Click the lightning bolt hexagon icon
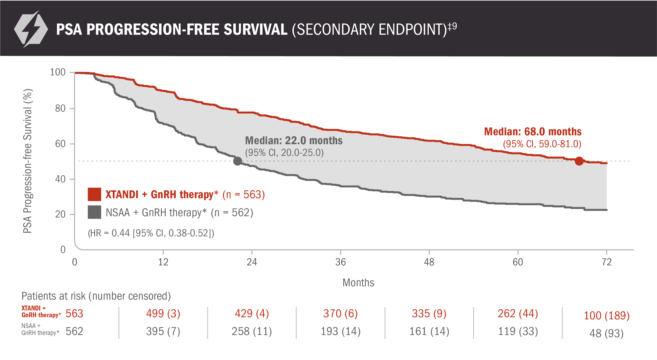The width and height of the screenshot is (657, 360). [x=31, y=29]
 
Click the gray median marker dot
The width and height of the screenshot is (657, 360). [x=237, y=161]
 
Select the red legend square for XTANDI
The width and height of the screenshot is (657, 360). [x=94, y=194]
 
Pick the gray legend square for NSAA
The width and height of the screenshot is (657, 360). [x=94, y=212]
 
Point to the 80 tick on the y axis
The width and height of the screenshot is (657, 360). [x=60, y=108]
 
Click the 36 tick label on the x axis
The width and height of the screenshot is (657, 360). [x=340, y=262]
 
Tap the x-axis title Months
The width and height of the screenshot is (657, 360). [x=358, y=283]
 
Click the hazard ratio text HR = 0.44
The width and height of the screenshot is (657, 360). [x=151, y=233]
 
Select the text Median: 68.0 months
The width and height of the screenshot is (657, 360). [x=533, y=132]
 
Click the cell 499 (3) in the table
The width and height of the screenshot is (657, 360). [x=163, y=314]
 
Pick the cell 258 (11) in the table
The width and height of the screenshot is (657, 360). [x=252, y=331]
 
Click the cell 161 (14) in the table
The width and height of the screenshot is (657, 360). [x=429, y=331]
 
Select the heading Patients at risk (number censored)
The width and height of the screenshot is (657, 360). [x=96, y=296]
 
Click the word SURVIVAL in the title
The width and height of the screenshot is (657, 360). [x=255, y=29]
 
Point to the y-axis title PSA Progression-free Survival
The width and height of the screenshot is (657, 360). [x=28, y=161]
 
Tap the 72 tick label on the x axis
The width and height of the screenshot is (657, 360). [x=606, y=262]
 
